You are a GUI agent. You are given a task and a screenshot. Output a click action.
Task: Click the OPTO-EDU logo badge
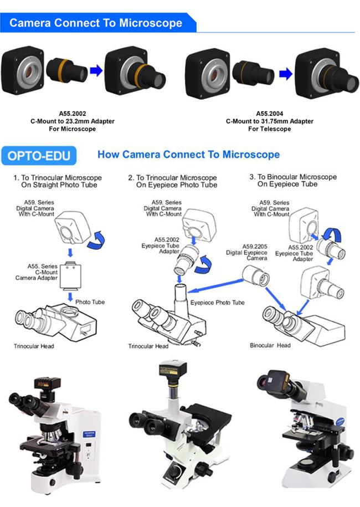point(39,156)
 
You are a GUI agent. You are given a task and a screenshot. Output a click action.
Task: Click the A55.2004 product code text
point(269,114)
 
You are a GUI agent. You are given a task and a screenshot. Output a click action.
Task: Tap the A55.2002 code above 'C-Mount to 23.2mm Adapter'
point(73,114)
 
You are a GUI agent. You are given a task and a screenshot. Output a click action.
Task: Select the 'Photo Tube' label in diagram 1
point(90,302)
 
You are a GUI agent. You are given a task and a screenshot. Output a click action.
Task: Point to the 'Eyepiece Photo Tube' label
point(217,303)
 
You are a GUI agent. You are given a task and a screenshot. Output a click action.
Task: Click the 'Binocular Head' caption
point(270,345)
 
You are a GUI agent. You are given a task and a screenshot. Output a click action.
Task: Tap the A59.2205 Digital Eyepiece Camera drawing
point(256,275)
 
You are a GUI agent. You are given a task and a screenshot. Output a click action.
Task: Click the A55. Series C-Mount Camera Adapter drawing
point(70,275)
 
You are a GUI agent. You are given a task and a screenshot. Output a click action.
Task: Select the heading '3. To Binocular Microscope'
point(293,177)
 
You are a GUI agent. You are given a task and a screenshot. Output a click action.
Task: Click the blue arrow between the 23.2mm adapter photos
point(96,70)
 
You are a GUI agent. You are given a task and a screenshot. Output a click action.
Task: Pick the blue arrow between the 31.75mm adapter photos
point(286,74)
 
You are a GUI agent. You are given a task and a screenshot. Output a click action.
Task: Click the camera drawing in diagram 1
point(72,229)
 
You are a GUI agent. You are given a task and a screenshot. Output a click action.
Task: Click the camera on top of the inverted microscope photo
point(173,370)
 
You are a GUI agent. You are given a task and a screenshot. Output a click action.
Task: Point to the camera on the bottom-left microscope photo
point(48,384)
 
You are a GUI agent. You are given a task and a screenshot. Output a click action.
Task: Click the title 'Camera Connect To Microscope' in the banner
point(96,23)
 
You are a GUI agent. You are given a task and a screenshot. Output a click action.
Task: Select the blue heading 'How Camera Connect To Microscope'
point(189,155)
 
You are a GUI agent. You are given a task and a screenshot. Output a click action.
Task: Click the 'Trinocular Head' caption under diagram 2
point(148,346)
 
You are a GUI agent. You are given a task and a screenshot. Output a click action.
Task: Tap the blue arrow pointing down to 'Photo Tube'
point(70,297)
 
